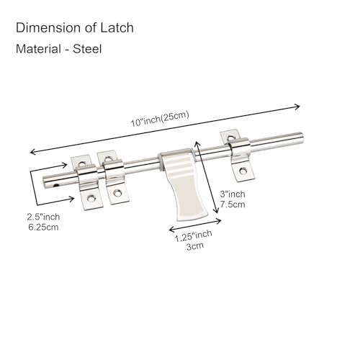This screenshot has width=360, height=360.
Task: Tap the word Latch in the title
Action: point(117,27)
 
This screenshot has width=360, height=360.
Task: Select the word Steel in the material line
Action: point(87,49)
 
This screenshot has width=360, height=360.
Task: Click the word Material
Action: point(38,49)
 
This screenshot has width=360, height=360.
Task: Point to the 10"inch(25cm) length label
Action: point(160,119)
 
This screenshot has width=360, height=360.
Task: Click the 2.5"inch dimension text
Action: point(43,217)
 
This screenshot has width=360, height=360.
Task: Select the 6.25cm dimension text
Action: point(43,227)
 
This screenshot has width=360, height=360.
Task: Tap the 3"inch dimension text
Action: point(233,194)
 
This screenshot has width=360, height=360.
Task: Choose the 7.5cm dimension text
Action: point(233,204)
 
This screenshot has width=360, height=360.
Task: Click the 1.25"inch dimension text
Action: point(193,236)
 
